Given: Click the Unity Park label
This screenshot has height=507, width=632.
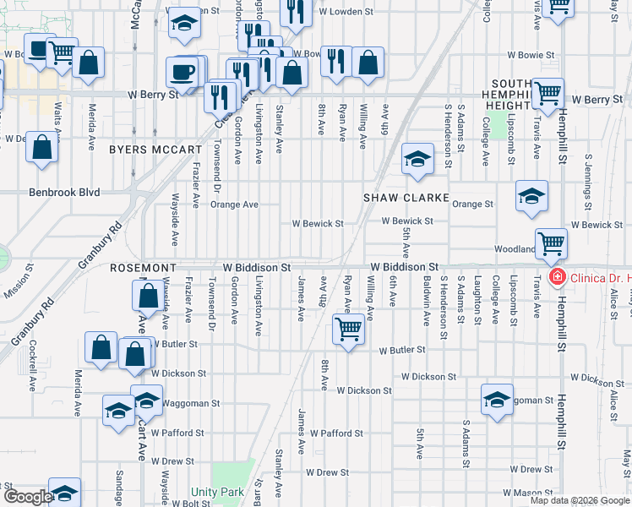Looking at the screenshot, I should [216, 492].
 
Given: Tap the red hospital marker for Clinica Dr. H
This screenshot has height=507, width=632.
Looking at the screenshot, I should [557, 277].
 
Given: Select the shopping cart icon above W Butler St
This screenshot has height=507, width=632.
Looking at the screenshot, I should [347, 329].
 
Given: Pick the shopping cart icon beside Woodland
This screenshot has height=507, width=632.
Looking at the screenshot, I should [551, 244].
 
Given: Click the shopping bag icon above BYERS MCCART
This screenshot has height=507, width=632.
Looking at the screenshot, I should [41, 148].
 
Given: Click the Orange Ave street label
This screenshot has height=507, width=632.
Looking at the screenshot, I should [234, 204].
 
